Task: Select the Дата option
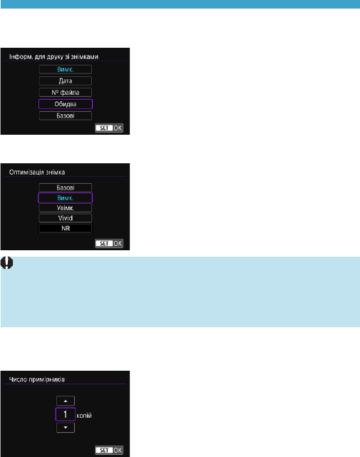coord(66,81)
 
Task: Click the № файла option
coord(66,93)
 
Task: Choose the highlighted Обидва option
coord(66,104)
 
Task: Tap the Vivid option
coord(66,218)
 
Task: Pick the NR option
coord(66,228)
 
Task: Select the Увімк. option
coord(66,207)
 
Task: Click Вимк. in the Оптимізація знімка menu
coord(66,198)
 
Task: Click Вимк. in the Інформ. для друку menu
coord(66,69)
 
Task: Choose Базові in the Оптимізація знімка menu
coord(66,188)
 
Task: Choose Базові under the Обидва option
coord(66,115)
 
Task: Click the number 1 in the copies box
coord(66,414)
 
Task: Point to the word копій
coord(84,416)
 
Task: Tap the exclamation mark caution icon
coord(6,262)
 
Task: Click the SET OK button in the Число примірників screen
coord(109,450)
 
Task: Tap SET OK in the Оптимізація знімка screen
coord(109,243)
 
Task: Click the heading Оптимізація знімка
coord(37,173)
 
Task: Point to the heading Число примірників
coord(37,379)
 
